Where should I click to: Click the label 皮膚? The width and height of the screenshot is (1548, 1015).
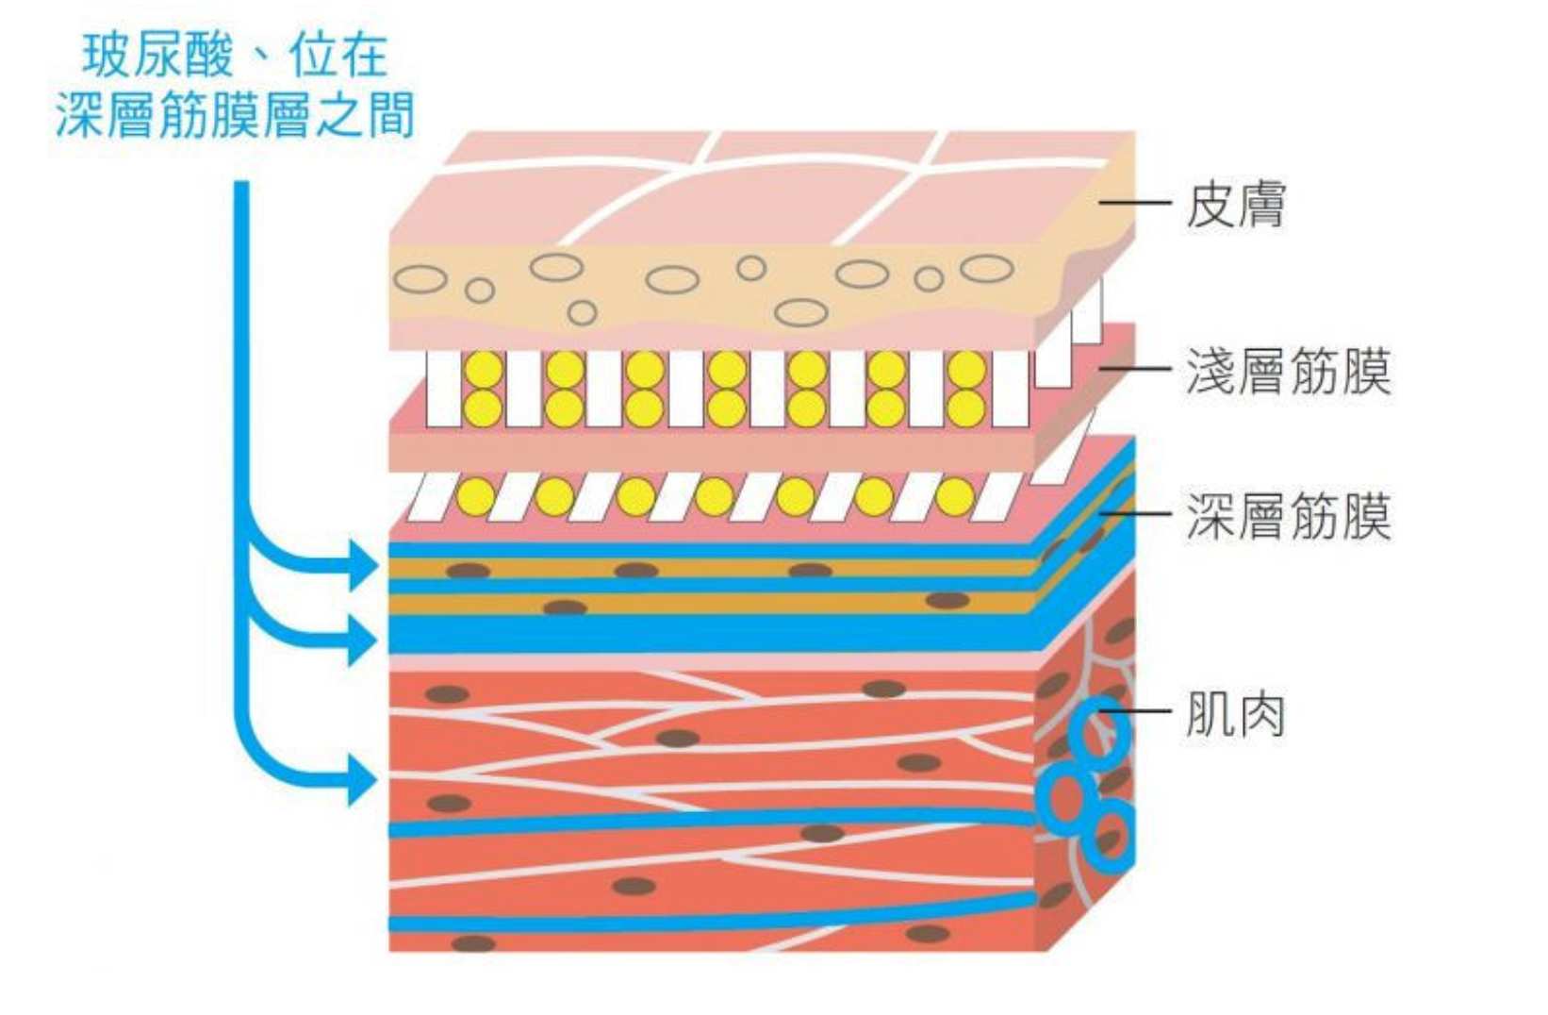pos(1235,205)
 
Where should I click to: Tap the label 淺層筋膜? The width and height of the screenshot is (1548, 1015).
pos(1288,371)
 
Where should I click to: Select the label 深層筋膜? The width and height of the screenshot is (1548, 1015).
pos(1288,516)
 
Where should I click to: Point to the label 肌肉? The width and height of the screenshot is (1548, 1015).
pos(1235,714)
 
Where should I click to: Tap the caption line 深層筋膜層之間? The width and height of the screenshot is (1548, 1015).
pos(235,117)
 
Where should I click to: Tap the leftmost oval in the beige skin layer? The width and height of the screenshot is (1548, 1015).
pos(420,279)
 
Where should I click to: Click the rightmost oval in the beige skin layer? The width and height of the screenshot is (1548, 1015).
pos(986,269)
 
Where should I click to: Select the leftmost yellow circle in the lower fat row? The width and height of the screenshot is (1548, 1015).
pos(476,496)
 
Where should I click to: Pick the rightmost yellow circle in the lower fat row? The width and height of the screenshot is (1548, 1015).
pos(954,496)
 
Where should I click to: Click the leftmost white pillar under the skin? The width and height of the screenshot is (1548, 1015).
pos(443,390)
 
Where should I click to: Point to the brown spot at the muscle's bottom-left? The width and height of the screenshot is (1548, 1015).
pos(472,943)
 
